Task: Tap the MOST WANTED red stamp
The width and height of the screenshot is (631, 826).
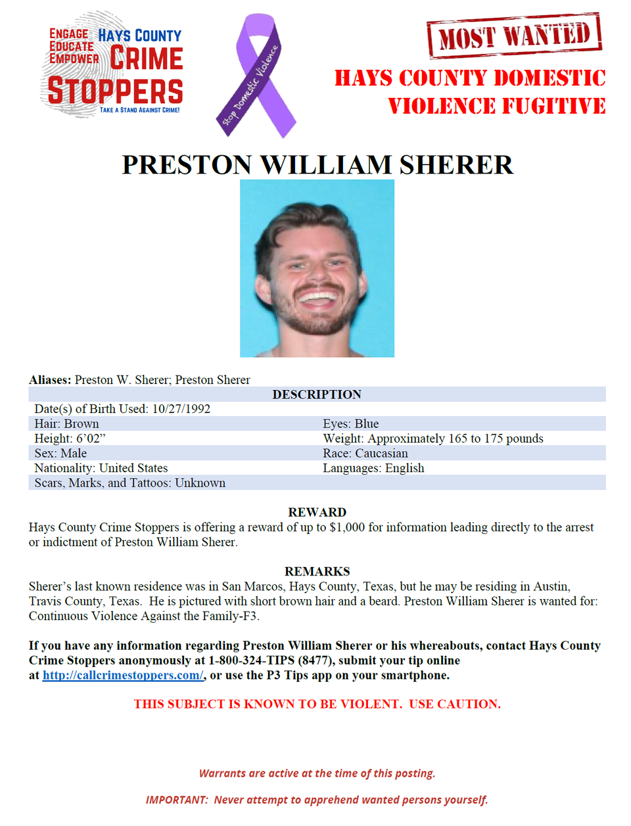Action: click(x=514, y=36)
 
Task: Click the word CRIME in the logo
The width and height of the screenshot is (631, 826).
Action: click(x=146, y=59)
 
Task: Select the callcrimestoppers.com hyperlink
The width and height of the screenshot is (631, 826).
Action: click(x=123, y=675)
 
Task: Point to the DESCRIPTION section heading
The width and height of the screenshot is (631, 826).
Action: click(x=317, y=395)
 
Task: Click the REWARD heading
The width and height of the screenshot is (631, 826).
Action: click(x=317, y=512)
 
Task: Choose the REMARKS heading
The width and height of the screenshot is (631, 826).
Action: click(x=317, y=571)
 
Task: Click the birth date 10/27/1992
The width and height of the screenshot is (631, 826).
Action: click(x=181, y=409)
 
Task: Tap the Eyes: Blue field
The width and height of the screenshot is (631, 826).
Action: click(x=350, y=424)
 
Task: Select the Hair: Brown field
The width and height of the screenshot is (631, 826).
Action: click(x=66, y=424)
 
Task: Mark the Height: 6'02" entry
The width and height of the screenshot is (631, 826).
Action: click(x=70, y=439)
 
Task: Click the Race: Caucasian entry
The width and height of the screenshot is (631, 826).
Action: click(x=365, y=454)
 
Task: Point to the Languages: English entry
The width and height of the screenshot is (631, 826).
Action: click(x=373, y=468)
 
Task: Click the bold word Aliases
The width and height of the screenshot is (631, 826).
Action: click(x=49, y=380)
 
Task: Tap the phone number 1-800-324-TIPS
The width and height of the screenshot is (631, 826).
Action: click(x=252, y=660)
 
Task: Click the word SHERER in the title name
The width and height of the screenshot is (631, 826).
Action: click(x=456, y=165)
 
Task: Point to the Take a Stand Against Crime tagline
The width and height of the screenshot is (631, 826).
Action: click(x=139, y=110)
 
